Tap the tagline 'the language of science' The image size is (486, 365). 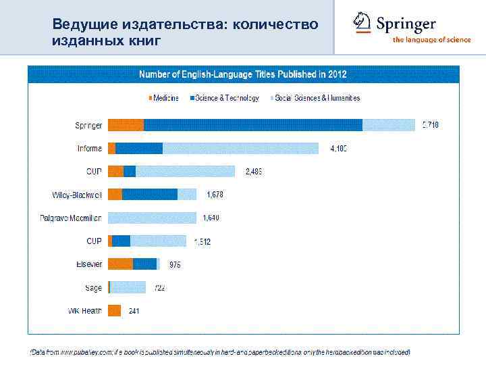(432, 40)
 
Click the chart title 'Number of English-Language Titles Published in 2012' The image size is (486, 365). (242, 73)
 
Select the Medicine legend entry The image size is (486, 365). (163, 98)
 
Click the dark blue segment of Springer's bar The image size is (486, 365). (253, 124)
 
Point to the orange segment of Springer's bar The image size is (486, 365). (126, 124)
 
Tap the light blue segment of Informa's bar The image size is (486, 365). (240, 148)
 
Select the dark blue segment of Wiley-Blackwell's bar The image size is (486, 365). (150, 195)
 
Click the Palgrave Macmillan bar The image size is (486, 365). (152, 218)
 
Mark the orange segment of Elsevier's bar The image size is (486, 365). (120, 264)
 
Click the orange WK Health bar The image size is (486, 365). (114, 311)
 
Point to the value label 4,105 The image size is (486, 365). (338, 149)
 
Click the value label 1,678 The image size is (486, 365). (215, 195)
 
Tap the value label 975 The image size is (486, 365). (174, 265)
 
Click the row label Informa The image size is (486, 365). (90, 149)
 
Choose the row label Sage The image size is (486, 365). (93, 288)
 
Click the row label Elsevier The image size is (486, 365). (88, 264)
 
